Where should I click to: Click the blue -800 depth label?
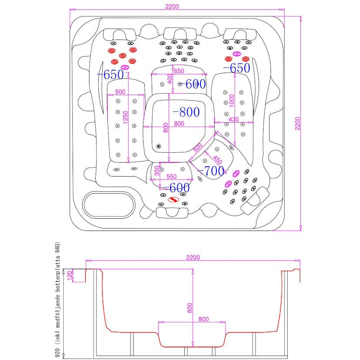(186, 112)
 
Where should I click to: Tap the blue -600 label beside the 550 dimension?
(174, 188)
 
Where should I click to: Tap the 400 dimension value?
(170, 80)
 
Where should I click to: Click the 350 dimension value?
(157, 171)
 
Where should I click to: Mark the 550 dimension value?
(171, 177)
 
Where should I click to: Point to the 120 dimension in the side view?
(69, 275)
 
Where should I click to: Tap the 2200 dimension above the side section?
(193, 257)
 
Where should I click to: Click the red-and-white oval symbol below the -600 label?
(173, 200)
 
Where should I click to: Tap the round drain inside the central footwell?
(158, 147)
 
